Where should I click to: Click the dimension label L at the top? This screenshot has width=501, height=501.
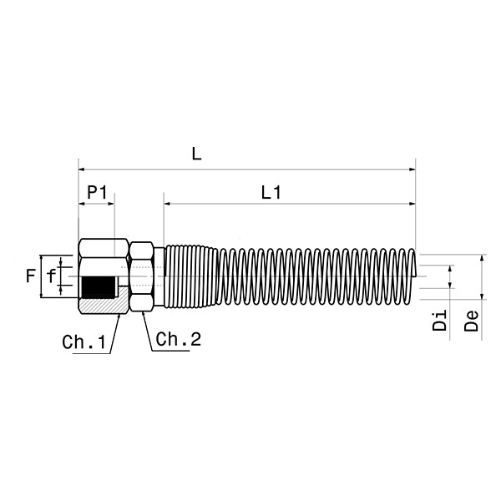tap(196, 154)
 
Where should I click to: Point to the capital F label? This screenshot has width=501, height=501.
tap(31, 275)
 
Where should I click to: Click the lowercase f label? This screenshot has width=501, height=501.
tap(52, 276)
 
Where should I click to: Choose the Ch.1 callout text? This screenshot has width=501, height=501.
tap(85, 342)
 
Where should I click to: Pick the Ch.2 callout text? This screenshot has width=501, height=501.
tap(179, 339)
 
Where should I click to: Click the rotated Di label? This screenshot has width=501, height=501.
tap(441, 321)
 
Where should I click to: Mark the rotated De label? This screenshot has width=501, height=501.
tap(472, 321)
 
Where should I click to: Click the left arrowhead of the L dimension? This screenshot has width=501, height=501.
tap(82, 170)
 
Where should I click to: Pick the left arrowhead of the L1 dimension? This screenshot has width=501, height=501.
tap(168, 203)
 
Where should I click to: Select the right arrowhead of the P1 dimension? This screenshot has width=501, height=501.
tap(111, 203)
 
